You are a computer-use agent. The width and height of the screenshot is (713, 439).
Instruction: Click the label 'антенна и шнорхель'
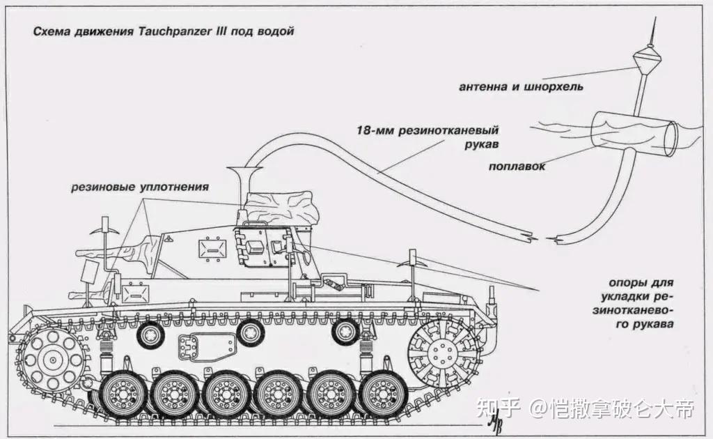coord(521,87)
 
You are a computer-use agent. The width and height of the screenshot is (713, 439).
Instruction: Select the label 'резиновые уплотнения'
coord(139,187)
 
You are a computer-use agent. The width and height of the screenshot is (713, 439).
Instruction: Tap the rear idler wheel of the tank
coord(443,355)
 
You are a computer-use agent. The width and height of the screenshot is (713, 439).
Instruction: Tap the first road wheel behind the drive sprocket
coord(125,394)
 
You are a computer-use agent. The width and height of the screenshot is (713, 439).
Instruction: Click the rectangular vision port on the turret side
coord(210,249)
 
